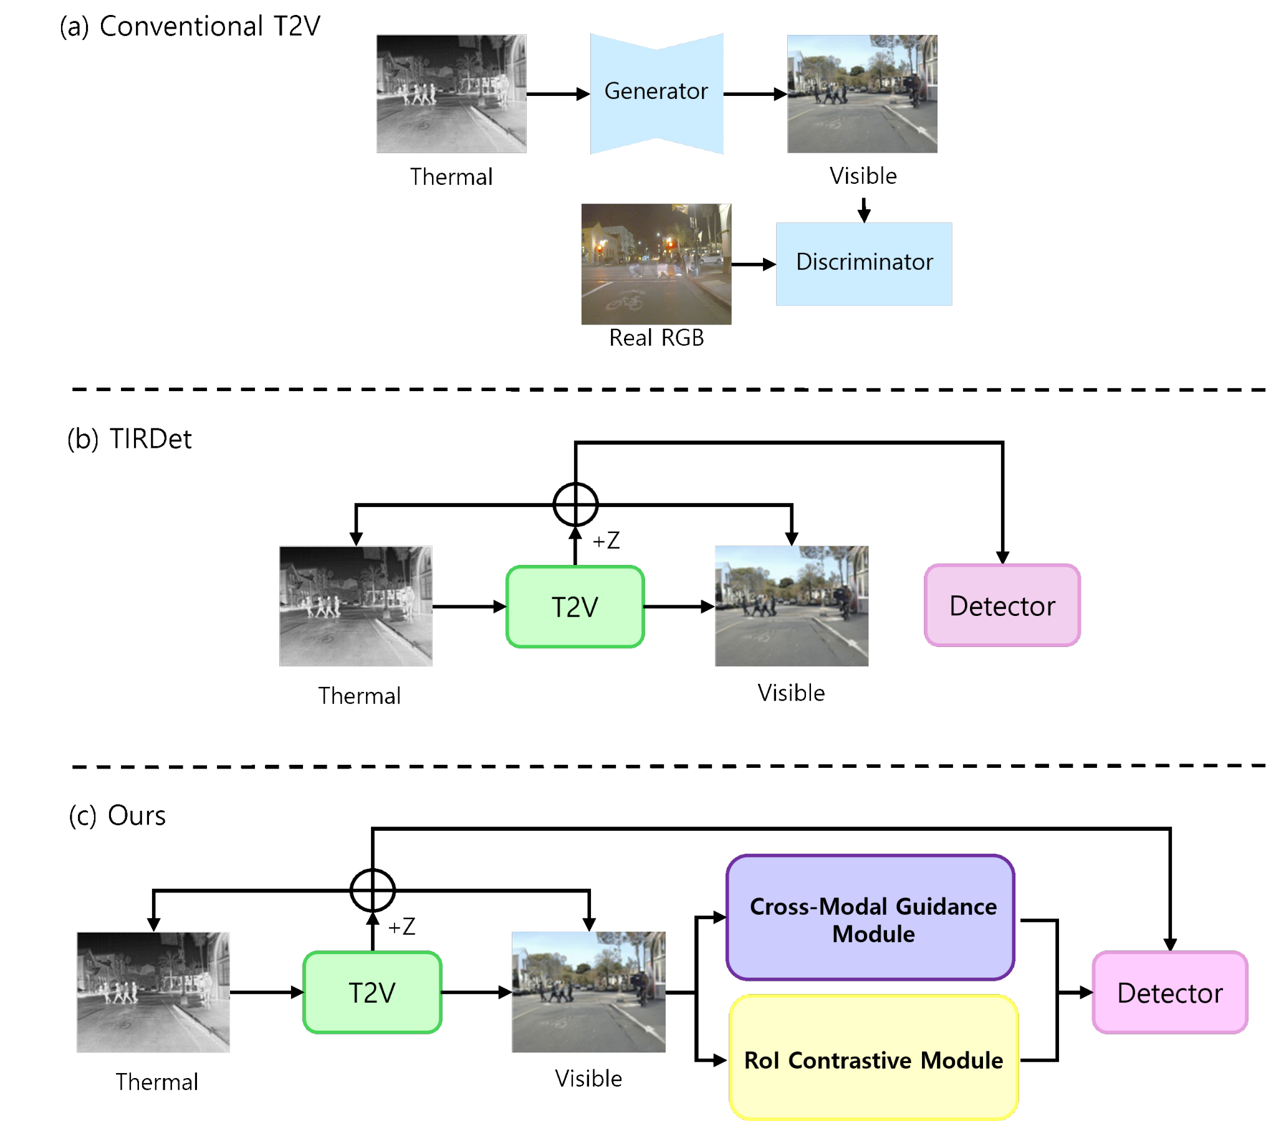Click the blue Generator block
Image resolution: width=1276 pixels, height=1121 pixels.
656,93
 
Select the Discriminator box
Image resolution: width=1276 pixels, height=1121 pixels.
863,264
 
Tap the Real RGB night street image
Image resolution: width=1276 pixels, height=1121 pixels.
656,264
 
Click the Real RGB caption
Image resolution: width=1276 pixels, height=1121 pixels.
656,338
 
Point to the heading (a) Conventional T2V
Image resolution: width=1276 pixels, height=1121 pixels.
189,27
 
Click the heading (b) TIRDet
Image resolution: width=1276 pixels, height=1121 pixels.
129,439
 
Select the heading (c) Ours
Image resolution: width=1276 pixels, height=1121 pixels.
117,815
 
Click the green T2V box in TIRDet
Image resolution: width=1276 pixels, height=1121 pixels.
575,607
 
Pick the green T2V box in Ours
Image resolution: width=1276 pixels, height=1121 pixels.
372,993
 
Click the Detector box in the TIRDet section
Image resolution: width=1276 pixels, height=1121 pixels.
1002,605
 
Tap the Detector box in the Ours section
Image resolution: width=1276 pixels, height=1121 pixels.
1170,993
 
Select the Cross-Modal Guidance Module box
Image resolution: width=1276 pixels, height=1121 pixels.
870,917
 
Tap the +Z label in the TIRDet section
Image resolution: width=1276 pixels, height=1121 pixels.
605,540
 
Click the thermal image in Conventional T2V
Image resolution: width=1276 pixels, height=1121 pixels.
451,93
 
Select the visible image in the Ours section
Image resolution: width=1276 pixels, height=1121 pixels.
588,992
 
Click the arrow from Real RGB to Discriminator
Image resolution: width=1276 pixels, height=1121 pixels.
754,265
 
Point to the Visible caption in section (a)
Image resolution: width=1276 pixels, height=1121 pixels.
863,176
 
